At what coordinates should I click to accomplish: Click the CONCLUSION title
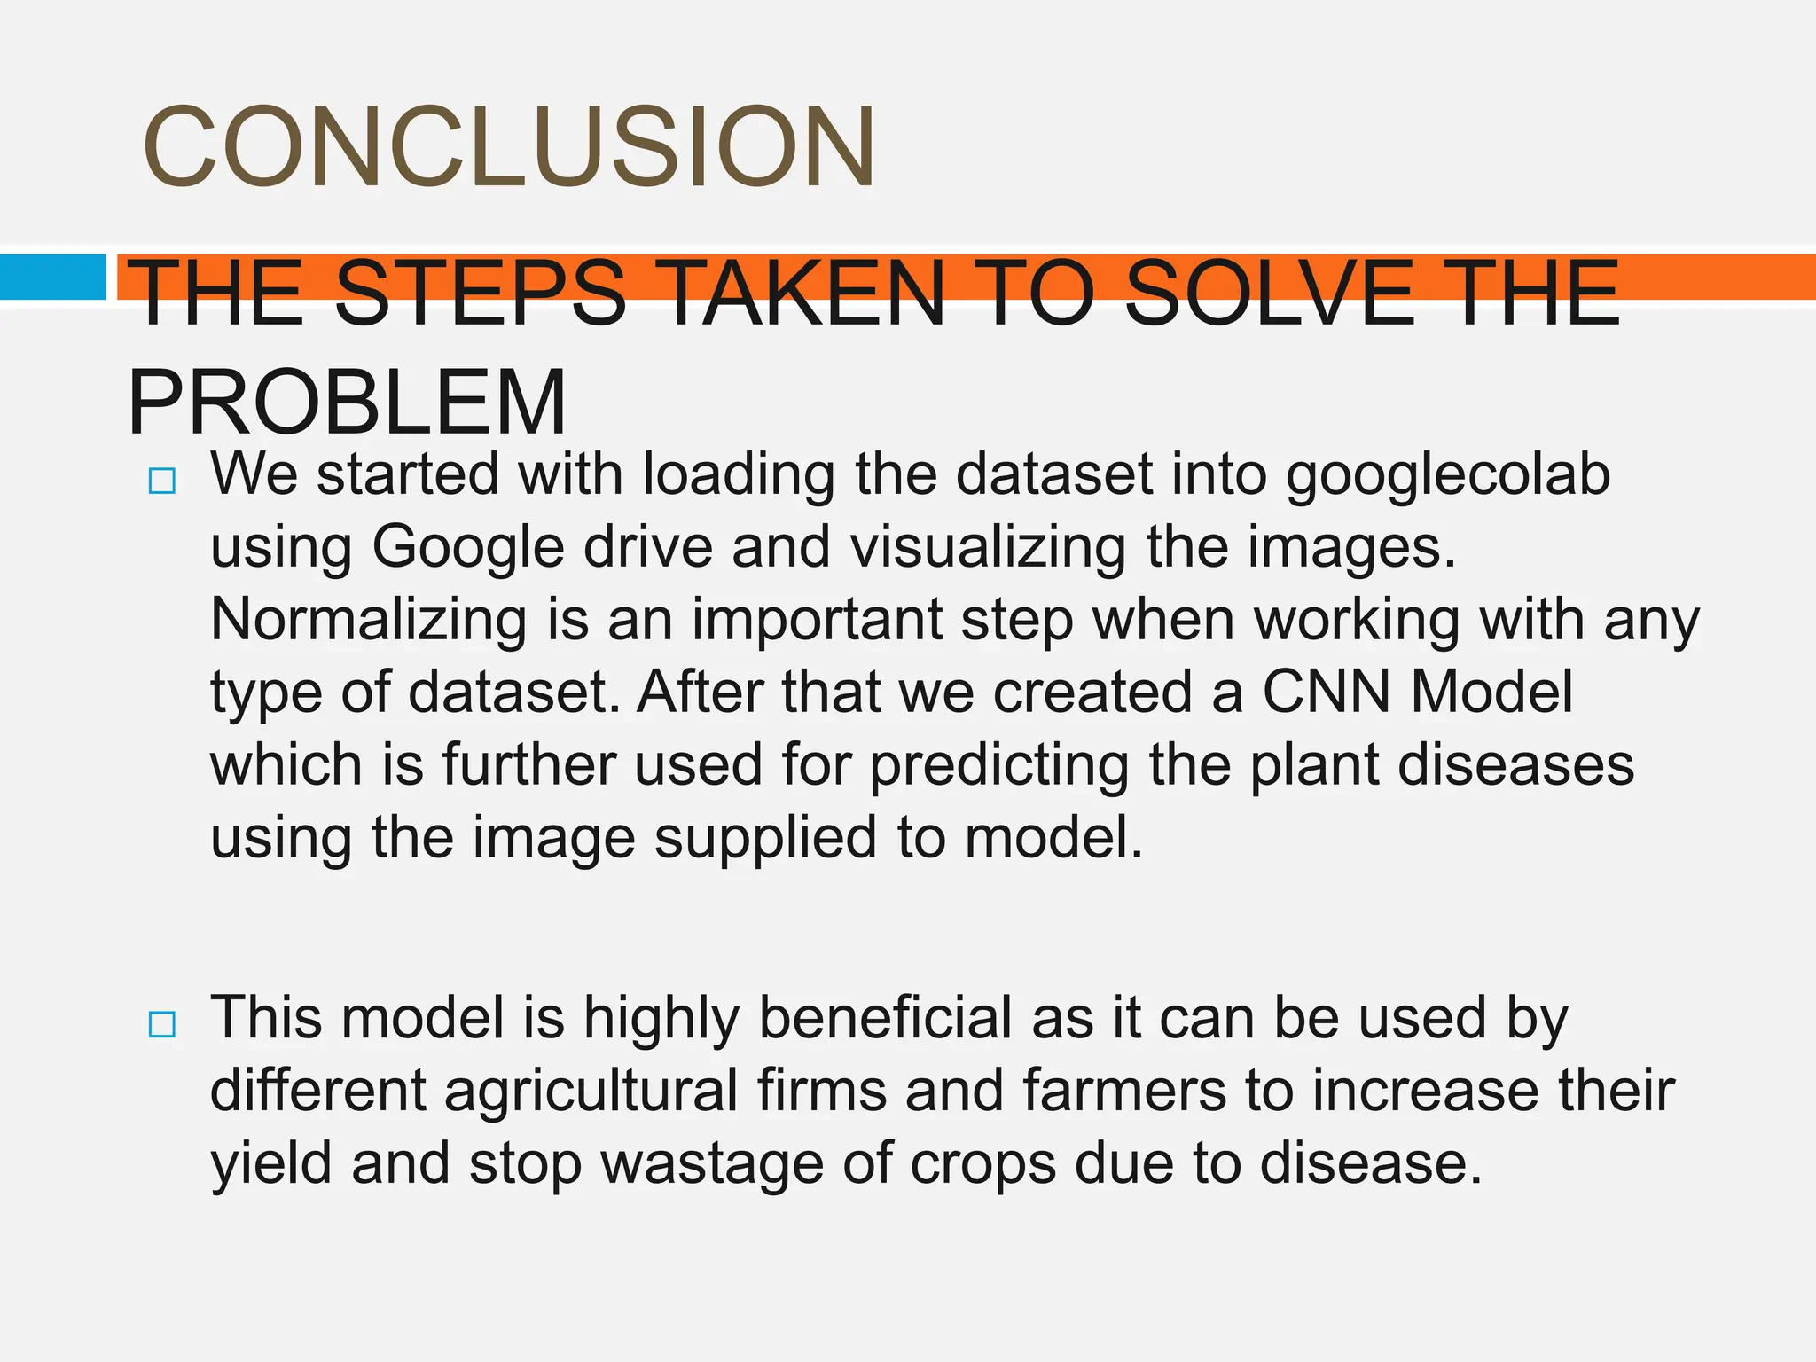(509, 147)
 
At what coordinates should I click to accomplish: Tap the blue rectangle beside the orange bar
(52, 277)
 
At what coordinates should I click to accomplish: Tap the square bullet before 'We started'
(162, 481)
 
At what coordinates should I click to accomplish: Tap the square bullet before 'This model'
(162, 1025)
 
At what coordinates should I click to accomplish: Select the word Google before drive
(467, 547)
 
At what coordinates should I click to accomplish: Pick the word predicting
(998, 766)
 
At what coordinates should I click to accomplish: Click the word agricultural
(591, 1091)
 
